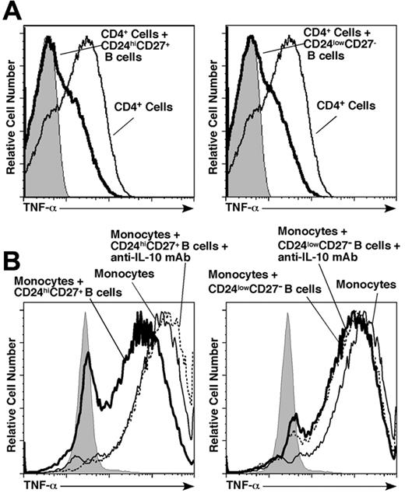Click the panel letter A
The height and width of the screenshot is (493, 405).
click(13, 11)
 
